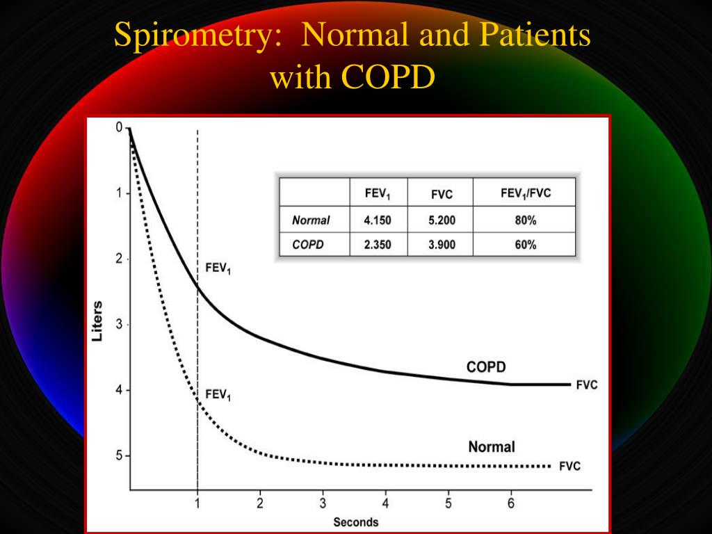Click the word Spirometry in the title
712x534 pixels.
point(193,35)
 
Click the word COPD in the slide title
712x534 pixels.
point(388,77)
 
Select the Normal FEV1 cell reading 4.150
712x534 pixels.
point(378,221)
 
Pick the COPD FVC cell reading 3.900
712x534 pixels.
point(442,245)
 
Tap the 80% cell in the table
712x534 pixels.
point(526,221)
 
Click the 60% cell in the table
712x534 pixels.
point(526,245)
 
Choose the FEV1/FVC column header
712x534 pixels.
point(526,193)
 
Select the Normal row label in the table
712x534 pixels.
point(311,221)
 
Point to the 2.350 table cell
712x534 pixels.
point(378,245)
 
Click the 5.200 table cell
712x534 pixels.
point(442,221)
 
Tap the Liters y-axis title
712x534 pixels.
point(98,321)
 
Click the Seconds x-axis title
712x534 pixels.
point(355,522)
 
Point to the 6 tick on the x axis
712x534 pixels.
point(511,504)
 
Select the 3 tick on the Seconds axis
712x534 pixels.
point(323,504)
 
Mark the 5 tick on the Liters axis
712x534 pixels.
point(118,455)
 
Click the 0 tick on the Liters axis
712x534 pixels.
point(119,127)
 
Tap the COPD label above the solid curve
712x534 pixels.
point(485,367)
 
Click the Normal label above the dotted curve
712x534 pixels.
point(492,446)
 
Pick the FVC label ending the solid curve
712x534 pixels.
point(586,385)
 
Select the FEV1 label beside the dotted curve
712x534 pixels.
point(218,396)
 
